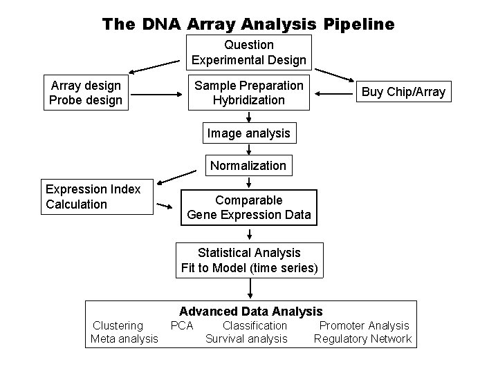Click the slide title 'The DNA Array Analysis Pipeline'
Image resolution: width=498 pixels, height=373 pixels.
click(248, 24)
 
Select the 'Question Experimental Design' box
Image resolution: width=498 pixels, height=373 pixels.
click(249, 52)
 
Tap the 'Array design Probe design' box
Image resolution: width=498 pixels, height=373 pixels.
click(86, 93)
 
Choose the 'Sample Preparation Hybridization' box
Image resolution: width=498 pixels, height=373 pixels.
click(249, 93)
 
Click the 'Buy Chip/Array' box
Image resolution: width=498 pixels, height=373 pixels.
click(404, 92)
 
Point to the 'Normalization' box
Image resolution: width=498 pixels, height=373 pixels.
click(248, 165)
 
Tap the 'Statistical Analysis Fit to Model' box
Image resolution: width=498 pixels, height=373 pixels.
click(249, 260)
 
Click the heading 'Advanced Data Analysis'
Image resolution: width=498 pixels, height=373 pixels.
click(251, 312)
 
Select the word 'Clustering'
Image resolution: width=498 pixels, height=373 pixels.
click(118, 325)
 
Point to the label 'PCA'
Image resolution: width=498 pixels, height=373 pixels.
click(182, 325)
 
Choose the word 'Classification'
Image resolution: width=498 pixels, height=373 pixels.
click(255, 325)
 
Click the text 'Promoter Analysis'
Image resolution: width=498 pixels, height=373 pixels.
click(364, 325)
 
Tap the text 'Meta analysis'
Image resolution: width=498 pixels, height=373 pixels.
click(124, 338)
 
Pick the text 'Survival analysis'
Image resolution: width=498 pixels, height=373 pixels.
click(246, 338)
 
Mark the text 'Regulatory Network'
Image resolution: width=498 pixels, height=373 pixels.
click(362, 338)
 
